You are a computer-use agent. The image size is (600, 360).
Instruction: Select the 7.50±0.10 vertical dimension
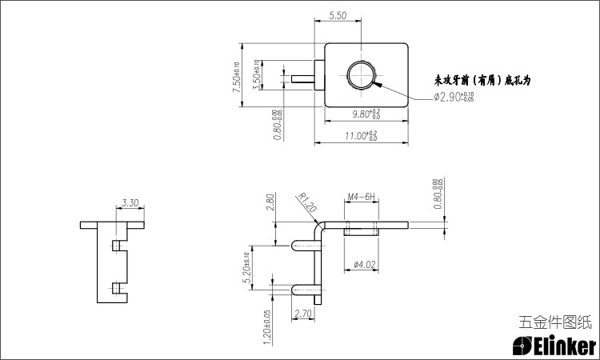point(237,78)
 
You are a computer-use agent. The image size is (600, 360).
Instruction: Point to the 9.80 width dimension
point(366,114)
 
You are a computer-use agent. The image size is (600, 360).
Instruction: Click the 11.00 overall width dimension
point(361,137)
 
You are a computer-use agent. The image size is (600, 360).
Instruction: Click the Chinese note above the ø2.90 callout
point(482,81)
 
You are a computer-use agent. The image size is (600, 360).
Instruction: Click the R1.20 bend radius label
point(308,203)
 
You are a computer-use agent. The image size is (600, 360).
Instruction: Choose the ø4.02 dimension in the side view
point(365,264)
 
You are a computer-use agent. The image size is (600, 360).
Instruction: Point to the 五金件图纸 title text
point(555,322)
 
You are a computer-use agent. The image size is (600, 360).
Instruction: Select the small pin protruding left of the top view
point(305,78)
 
